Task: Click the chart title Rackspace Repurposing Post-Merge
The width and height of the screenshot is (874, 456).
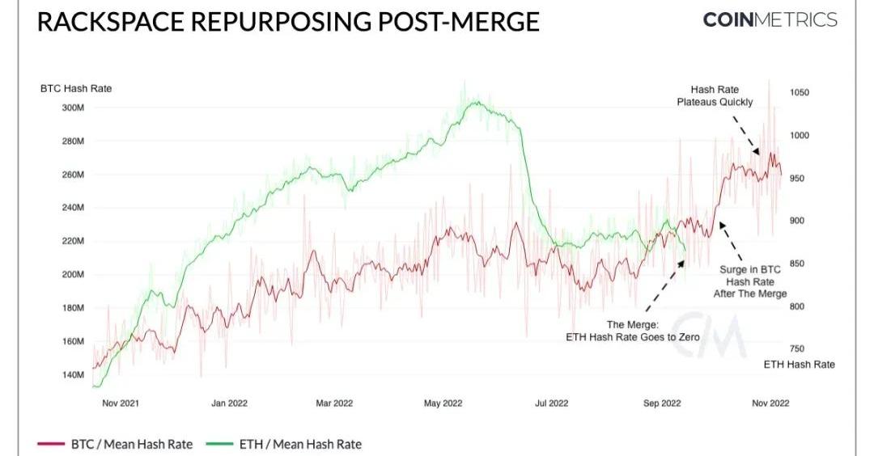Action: [288, 22]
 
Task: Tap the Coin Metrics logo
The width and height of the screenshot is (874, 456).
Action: [770, 20]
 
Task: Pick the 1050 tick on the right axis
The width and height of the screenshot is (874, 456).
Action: [800, 93]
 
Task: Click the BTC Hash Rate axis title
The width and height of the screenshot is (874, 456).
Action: [76, 88]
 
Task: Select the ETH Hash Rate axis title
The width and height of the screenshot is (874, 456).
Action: [799, 365]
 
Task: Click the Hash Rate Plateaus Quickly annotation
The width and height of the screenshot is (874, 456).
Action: [715, 95]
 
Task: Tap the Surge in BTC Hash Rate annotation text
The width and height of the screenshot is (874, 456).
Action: [749, 281]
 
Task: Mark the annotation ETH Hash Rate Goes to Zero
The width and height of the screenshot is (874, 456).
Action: [632, 330]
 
